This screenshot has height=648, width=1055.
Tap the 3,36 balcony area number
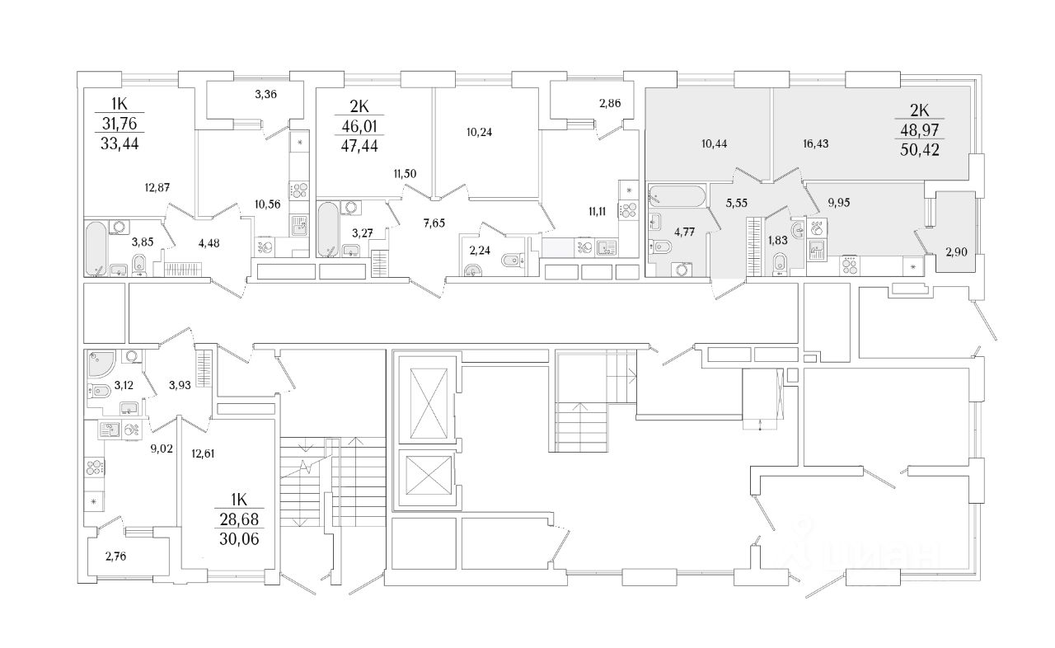pos(265,94)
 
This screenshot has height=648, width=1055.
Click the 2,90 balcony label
pos(957,253)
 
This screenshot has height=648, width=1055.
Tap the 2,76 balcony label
pos(116,556)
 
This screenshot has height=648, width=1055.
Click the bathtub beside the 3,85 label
pos(96,247)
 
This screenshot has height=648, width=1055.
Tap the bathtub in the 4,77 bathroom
pos(677,197)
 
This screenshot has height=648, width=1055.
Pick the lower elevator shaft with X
pos(426,478)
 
